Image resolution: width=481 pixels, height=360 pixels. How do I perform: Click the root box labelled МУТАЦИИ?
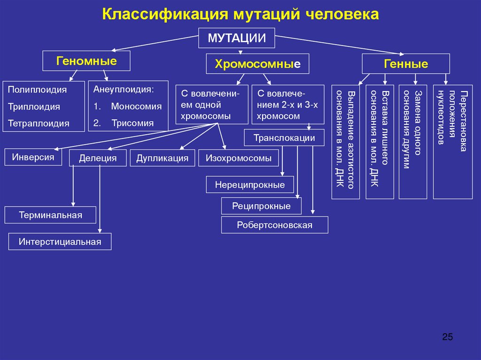tap(236, 38)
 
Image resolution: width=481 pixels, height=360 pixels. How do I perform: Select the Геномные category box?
tap(86, 61)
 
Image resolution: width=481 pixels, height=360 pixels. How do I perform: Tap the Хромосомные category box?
tap(257, 64)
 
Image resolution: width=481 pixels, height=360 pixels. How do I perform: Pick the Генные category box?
tap(406, 64)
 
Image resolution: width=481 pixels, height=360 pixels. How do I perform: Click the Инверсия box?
tap(33, 157)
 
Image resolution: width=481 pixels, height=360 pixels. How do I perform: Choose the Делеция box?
tap(98, 158)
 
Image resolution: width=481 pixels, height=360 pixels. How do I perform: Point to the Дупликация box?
tap(163, 158)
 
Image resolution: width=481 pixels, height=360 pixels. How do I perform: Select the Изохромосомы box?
tap(239, 158)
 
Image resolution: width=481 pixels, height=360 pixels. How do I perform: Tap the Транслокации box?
tap(284, 138)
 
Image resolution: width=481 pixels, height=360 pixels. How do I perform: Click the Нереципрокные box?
tap(250, 184)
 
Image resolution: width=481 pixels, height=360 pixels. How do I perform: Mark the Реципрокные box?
tap(261, 206)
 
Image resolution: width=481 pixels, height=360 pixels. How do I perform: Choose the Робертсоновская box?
tap(275, 225)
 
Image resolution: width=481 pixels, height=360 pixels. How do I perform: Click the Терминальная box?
tap(50, 215)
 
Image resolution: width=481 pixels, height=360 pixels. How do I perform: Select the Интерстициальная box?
tap(60, 242)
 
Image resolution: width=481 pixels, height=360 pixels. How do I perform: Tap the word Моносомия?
tap(136, 107)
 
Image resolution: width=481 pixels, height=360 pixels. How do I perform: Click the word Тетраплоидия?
tap(39, 124)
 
